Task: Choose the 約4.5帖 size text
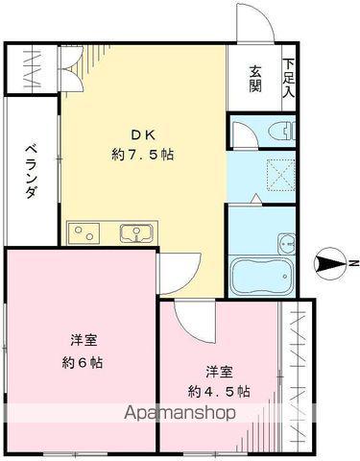click(x=221, y=391)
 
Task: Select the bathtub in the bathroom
click(x=261, y=276)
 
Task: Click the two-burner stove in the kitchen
click(x=84, y=231)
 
